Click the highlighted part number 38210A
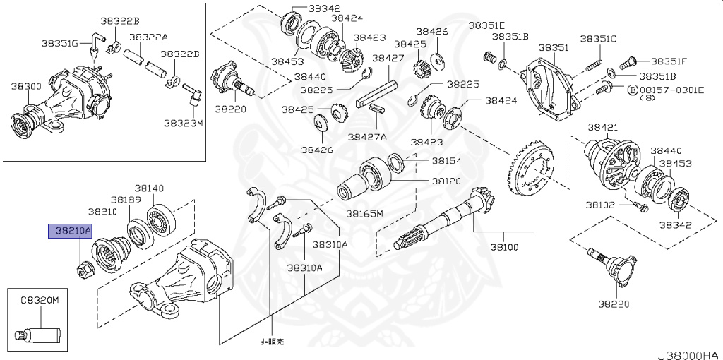coord(63,231)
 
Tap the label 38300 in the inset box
coord(25,86)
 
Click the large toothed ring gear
coord(531,172)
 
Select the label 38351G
coord(59,43)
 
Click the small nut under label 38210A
coord(82,268)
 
